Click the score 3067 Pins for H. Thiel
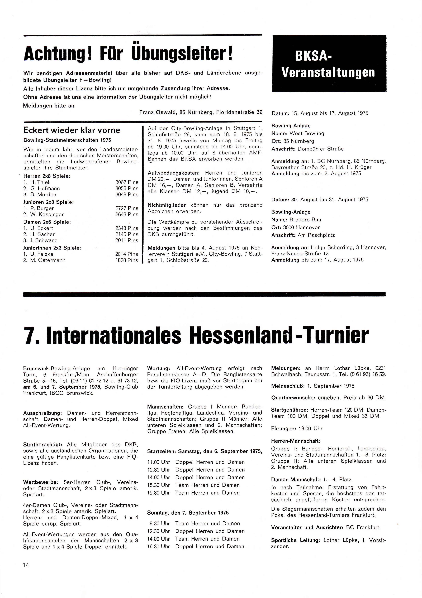point(127,182)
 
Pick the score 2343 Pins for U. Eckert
point(127,228)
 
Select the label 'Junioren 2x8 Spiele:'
point(49,202)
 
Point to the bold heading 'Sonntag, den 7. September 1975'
point(188,513)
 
